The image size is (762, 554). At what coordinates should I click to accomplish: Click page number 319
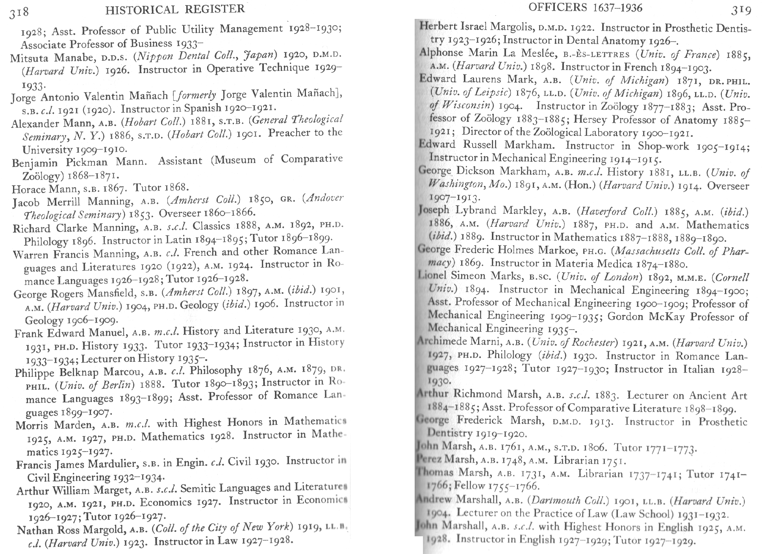(x=741, y=10)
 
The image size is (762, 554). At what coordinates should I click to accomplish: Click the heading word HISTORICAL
(x=142, y=9)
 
